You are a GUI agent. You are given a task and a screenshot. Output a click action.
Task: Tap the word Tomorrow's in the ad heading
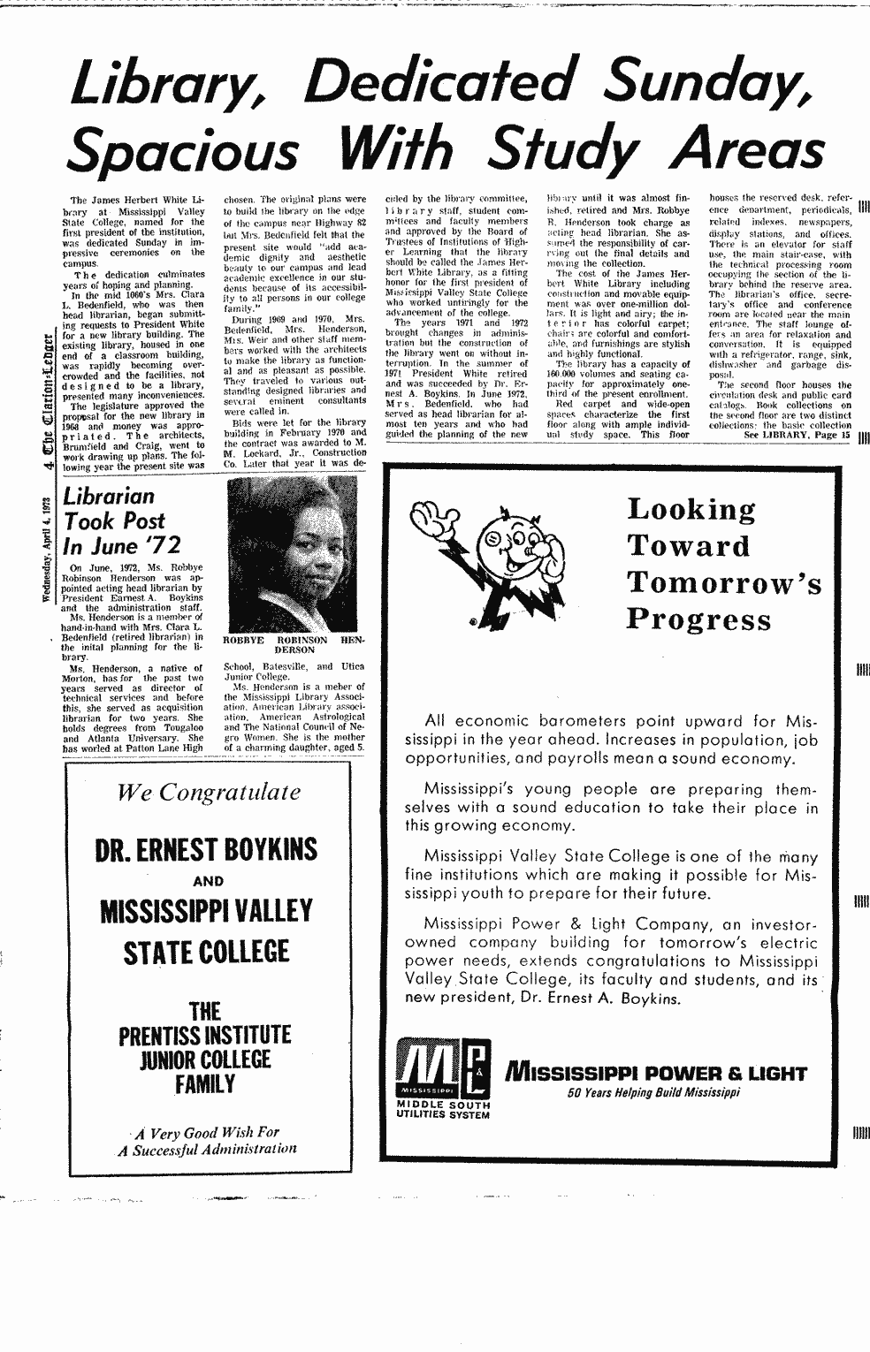point(724,582)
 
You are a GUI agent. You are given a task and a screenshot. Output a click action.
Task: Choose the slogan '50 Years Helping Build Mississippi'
point(653,1092)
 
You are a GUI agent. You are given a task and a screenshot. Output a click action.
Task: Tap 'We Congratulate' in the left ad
point(210,792)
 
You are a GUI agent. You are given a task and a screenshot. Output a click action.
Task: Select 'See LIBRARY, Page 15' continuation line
point(797,436)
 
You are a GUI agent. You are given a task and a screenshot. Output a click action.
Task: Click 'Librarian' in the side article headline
point(109,497)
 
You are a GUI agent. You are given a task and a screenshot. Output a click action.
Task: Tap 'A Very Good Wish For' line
point(207,1132)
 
